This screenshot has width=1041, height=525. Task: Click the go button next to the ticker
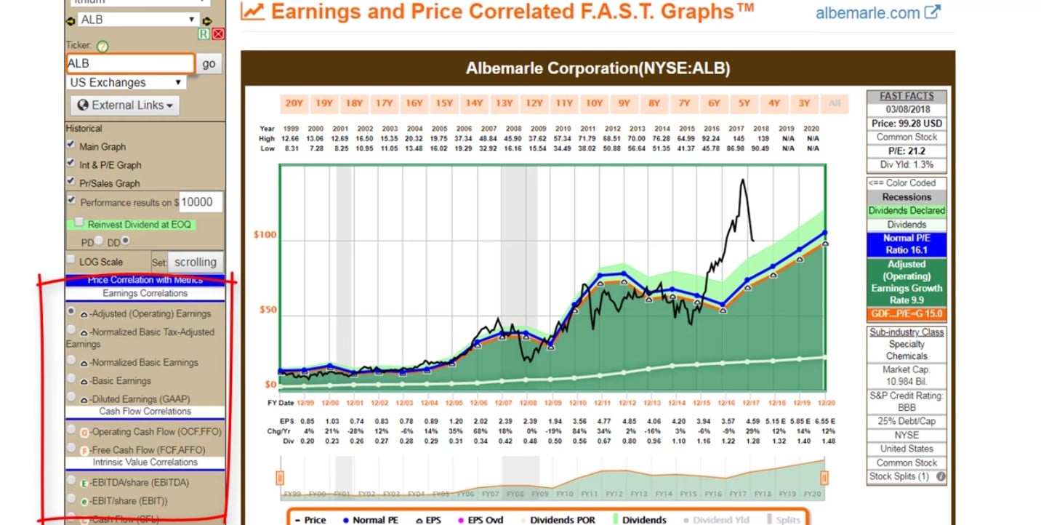[209, 63]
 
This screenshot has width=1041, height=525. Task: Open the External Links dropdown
[125, 105]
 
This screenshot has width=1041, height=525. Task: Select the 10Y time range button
[594, 103]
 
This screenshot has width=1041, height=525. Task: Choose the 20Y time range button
[294, 103]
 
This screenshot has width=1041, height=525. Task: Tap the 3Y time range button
[803, 103]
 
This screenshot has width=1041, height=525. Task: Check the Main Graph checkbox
[71, 144]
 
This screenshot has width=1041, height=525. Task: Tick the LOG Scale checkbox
[71, 260]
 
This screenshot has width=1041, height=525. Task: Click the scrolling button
[195, 262]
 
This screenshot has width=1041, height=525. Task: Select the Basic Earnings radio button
[71, 379]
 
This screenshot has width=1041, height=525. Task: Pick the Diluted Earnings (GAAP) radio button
[71, 397]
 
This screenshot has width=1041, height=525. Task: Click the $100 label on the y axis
[265, 235]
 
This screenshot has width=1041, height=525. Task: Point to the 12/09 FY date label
[552, 402]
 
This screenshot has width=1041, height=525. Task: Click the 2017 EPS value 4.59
[751, 420]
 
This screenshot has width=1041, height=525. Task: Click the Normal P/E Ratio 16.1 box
[907, 244]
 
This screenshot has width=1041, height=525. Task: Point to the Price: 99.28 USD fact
[907, 124]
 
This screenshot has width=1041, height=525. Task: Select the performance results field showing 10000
[201, 202]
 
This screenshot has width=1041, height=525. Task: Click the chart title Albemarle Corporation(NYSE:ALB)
[598, 69]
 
